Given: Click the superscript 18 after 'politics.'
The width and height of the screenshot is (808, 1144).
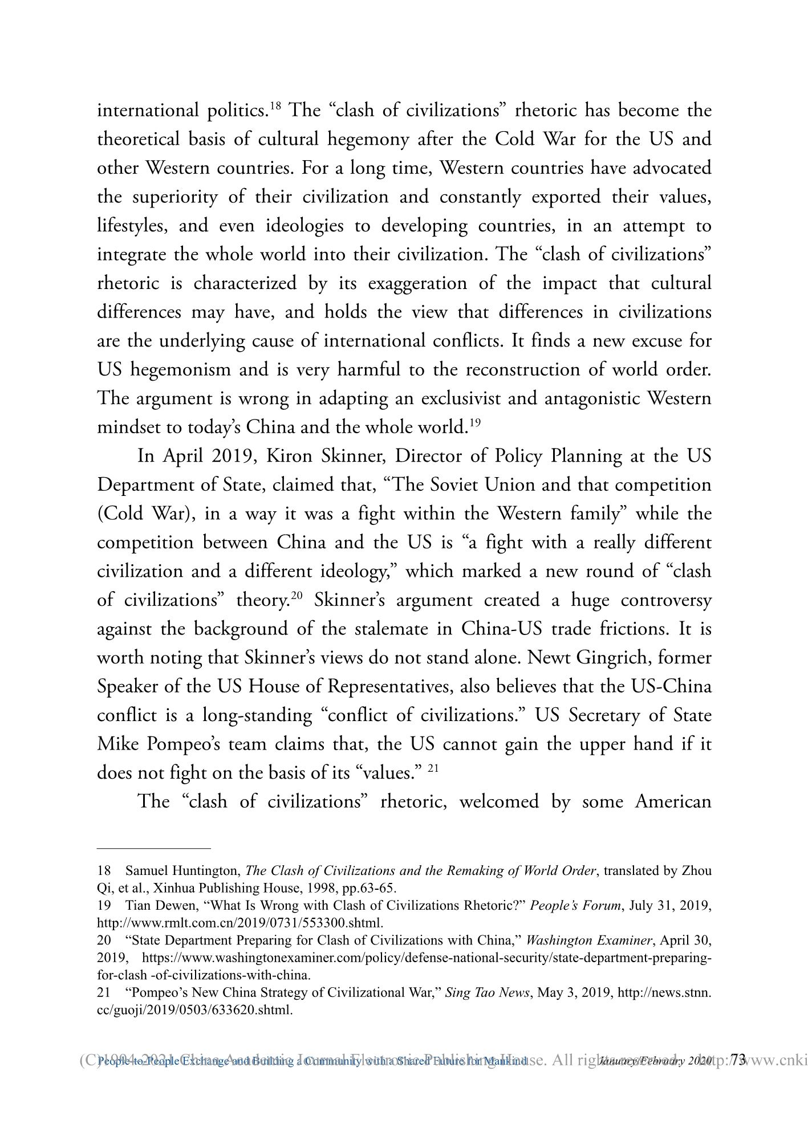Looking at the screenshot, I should (x=275, y=105).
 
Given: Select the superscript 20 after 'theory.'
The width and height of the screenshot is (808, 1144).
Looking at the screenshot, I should (x=297, y=596).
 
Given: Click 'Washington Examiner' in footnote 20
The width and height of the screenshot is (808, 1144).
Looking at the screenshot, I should (x=584, y=941).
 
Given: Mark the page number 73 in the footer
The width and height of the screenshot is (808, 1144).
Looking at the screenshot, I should (x=738, y=1061).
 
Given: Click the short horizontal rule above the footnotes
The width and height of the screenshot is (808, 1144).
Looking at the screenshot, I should (x=154, y=849).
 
